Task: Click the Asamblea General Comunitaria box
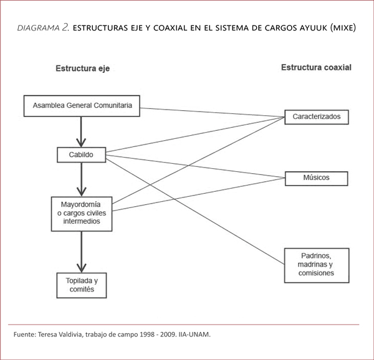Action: [82, 106]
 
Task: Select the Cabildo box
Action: [81, 154]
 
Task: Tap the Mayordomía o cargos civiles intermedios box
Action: [81, 214]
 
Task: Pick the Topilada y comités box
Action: [81, 285]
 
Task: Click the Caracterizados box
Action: [316, 116]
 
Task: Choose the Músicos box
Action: [316, 178]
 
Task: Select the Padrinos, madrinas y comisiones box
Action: [316, 264]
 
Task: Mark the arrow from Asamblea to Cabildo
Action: [81, 131]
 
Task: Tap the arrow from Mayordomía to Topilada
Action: [81, 252]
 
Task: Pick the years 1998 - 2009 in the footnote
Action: [148, 334]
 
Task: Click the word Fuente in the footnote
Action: [24, 334]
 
